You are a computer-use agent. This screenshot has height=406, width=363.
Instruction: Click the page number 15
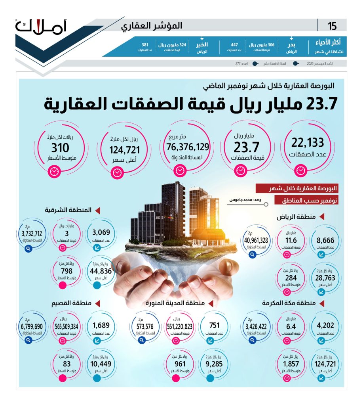[x=332, y=27]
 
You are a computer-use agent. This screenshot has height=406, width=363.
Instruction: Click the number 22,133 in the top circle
[x=308, y=142]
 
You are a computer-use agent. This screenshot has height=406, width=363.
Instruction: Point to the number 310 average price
[x=60, y=148]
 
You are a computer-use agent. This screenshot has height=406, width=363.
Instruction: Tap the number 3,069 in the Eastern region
[x=103, y=232]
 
